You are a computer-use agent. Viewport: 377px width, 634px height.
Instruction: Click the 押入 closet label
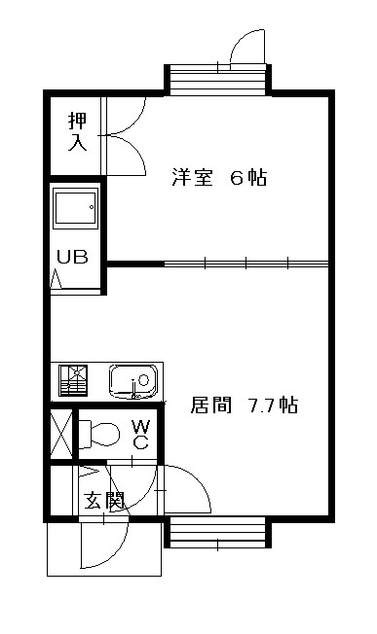tap(77, 132)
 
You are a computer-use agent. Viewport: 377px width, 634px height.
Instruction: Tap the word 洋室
tap(193, 178)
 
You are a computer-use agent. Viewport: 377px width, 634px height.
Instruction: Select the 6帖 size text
tap(248, 178)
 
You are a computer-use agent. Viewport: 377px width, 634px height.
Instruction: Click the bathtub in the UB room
tap(75, 209)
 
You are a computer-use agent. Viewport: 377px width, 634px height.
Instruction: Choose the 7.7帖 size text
tap(272, 405)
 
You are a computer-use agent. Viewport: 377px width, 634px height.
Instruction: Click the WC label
tap(140, 435)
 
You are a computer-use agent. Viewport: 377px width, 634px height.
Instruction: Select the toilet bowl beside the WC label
tap(97, 433)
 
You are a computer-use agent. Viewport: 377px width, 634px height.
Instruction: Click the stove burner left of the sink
tap(72, 379)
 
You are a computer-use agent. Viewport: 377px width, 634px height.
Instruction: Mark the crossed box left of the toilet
tap(60, 434)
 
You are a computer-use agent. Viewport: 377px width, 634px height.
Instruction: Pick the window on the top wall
tap(215, 80)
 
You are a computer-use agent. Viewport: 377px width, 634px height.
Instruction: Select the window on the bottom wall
tap(215, 533)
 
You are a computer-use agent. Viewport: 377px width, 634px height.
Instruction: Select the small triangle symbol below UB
tap(56, 280)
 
